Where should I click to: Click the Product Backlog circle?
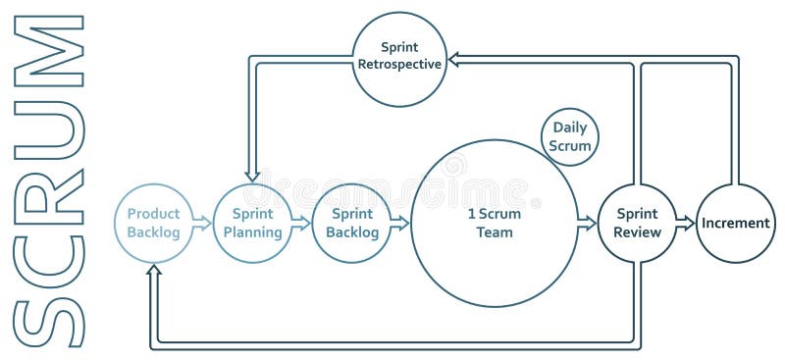tap(154, 224)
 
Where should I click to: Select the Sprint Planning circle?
tap(252, 224)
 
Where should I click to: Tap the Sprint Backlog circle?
tap(351, 224)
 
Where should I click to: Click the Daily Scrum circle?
tap(570, 136)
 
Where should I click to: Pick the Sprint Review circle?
tap(638, 224)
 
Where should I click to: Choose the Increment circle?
tap(735, 224)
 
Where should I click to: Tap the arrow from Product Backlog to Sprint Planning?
tap(202, 224)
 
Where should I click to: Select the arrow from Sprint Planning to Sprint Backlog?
tap(301, 224)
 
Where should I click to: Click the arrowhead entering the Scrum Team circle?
tap(401, 224)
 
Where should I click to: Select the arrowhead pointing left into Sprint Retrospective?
tap(455, 60)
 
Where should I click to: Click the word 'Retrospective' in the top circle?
tap(399, 66)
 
